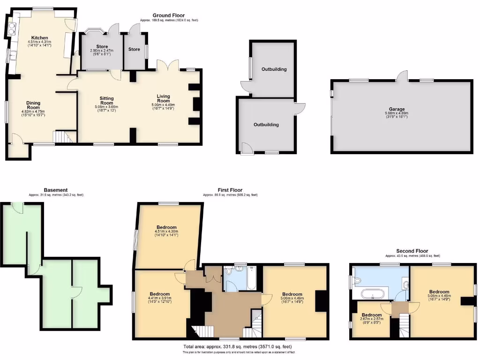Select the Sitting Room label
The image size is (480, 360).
pyautogui.click(x=107, y=100)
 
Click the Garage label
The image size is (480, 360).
pyautogui.click(x=397, y=109)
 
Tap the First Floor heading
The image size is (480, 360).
pyautogui.click(x=230, y=190)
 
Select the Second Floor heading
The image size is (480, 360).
pyautogui.click(x=412, y=251)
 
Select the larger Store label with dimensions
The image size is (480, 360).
pyautogui.click(x=102, y=47)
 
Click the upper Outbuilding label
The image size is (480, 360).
pyautogui.click(x=274, y=69)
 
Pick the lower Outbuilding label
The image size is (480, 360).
pyautogui.click(x=266, y=125)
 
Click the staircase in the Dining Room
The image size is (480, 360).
pyautogui.click(x=62, y=137)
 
